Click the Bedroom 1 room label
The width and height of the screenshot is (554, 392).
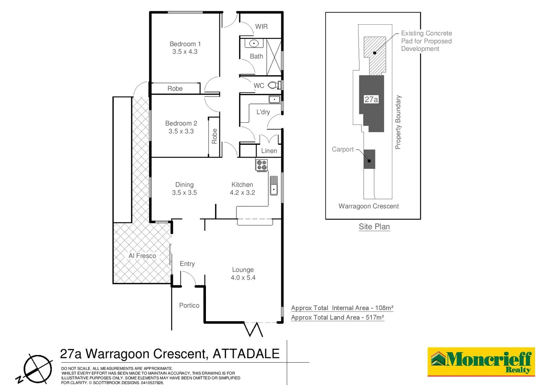[185, 44]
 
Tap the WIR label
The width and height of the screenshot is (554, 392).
[261, 26]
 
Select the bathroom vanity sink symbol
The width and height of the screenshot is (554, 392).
[254, 44]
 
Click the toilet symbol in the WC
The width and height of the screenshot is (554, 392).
[273, 85]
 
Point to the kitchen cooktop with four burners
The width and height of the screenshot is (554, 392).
[261, 165]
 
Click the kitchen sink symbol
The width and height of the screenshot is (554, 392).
[274, 185]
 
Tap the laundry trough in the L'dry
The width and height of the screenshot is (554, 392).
[274, 99]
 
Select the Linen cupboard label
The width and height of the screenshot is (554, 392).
[269, 151]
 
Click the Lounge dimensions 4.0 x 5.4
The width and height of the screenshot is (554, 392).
[243, 278]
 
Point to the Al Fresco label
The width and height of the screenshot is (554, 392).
[142, 256]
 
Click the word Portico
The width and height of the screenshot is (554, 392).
[189, 306]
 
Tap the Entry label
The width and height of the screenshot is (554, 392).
[187, 264]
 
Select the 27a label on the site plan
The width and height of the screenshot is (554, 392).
[371, 99]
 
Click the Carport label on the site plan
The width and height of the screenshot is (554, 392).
[342, 149]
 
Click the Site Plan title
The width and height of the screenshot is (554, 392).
[374, 227]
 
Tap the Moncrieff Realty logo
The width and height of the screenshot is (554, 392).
[481, 362]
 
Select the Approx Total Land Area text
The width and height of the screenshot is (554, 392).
[337, 318]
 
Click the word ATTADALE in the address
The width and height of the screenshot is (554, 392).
[246, 354]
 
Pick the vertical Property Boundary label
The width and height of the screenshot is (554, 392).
[398, 122]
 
